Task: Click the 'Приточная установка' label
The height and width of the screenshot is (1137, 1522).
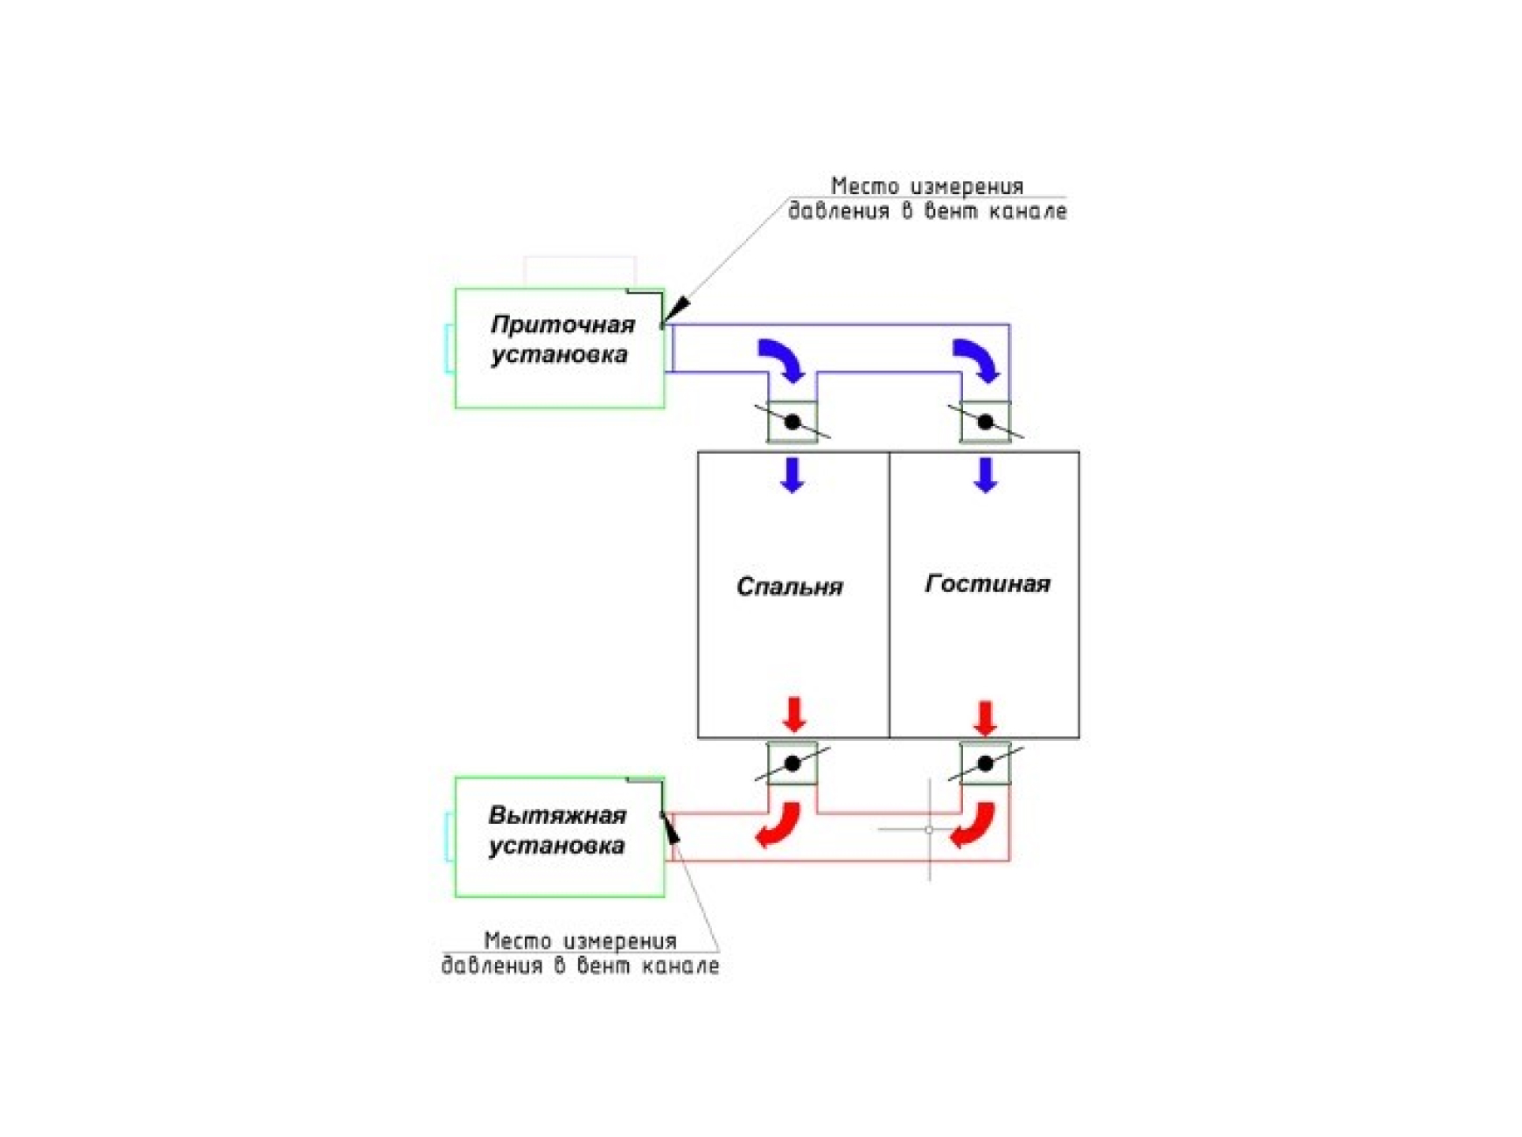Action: point(562,339)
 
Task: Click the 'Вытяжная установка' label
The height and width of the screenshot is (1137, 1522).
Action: point(557,830)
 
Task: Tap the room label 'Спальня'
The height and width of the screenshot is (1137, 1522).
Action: point(789,586)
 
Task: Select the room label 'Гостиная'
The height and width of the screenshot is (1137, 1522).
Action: point(987,583)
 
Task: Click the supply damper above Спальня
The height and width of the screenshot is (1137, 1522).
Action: point(792,422)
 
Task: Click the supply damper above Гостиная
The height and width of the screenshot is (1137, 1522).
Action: point(986,422)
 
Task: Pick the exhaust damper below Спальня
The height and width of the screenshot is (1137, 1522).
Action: point(792,764)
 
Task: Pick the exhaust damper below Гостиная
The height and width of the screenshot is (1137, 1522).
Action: point(986,764)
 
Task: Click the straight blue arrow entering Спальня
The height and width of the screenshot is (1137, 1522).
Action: point(792,475)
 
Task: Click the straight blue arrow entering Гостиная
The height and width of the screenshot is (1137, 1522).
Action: point(986,475)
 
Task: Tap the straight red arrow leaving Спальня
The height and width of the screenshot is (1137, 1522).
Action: point(794,715)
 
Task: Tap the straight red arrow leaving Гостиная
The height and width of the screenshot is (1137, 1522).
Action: point(986,718)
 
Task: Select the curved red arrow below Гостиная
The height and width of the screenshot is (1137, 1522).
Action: point(973,826)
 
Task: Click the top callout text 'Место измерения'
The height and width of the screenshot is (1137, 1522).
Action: point(926,186)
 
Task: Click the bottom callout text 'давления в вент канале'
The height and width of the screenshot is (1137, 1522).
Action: point(580,966)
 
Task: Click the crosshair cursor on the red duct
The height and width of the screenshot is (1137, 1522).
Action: point(929,829)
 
